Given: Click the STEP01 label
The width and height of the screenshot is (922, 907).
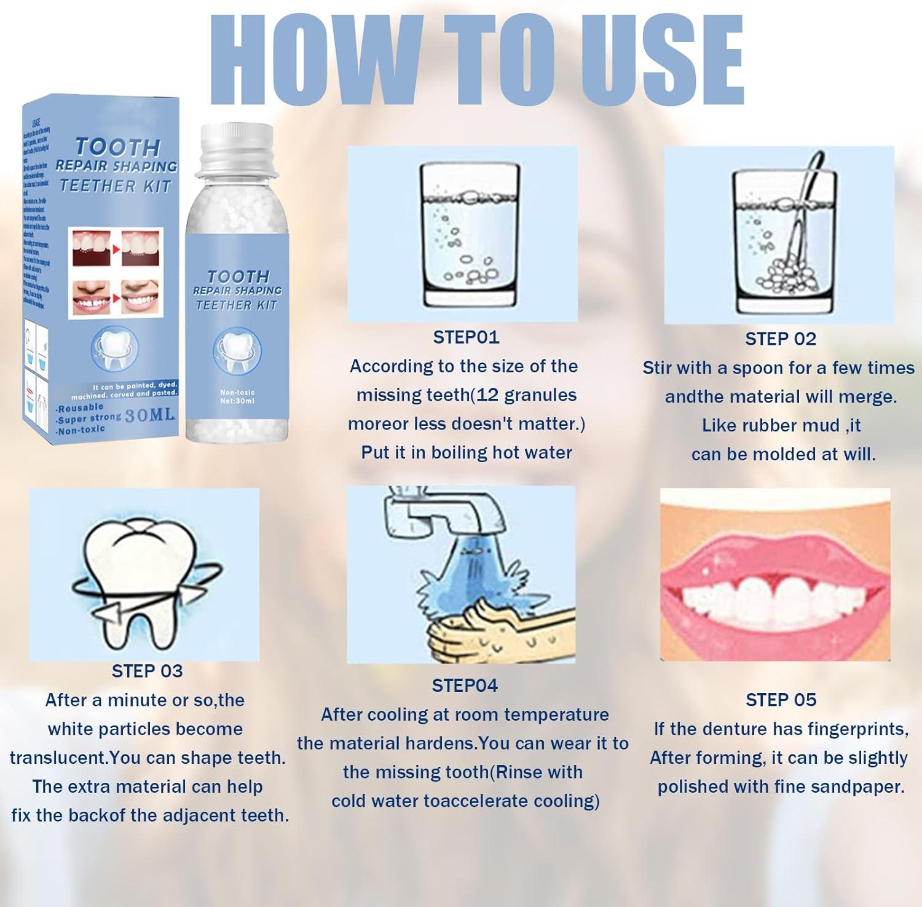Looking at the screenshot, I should pos(466,337).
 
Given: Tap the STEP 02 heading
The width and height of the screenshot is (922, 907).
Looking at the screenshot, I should pos(780,339).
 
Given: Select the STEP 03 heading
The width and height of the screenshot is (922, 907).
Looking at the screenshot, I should pos(147,671).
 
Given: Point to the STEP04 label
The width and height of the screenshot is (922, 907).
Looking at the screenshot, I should pos(465,686).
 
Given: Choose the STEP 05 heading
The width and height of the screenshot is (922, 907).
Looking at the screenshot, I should pos(781,700).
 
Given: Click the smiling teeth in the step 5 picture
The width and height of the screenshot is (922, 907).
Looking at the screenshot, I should pos(774,596).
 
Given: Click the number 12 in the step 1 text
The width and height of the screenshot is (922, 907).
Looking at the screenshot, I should pos(487,395).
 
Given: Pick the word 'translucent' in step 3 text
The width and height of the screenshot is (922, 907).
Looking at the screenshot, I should pos(58,758).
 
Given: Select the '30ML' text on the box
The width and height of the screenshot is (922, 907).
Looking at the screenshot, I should pos(150,416).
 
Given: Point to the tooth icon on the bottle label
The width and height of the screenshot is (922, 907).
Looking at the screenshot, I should pos(237,350).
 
